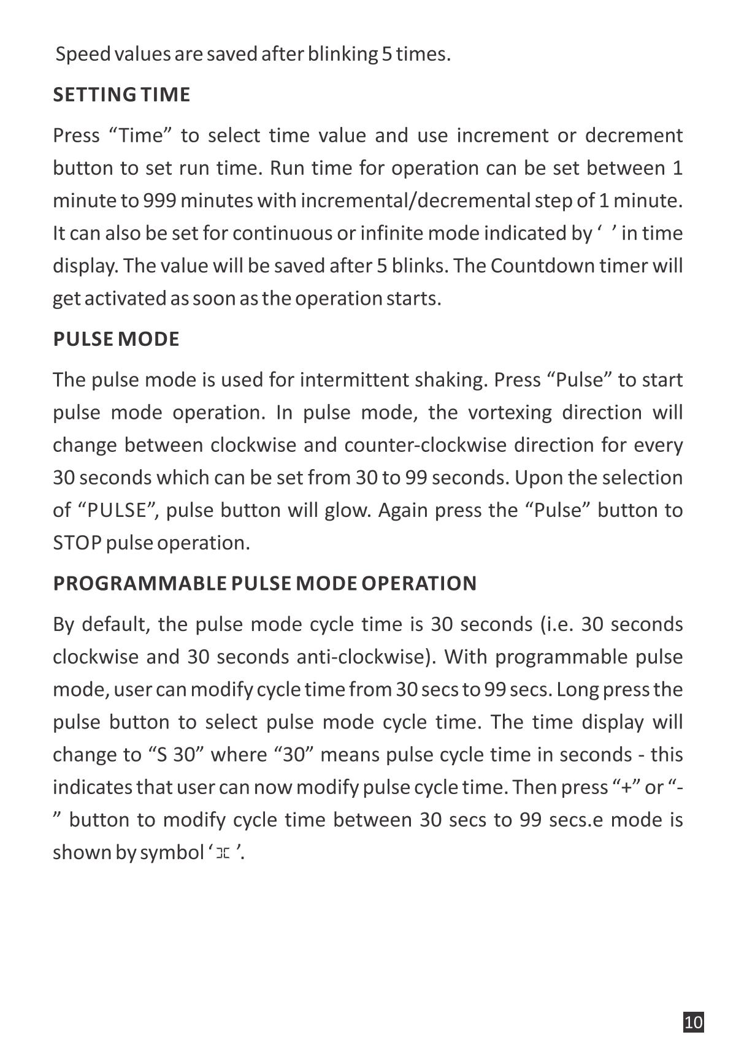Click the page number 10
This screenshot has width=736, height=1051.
click(x=693, y=1022)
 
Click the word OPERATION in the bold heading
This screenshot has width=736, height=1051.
click(x=419, y=583)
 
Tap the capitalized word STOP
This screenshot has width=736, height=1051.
click(x=77, y=543)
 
